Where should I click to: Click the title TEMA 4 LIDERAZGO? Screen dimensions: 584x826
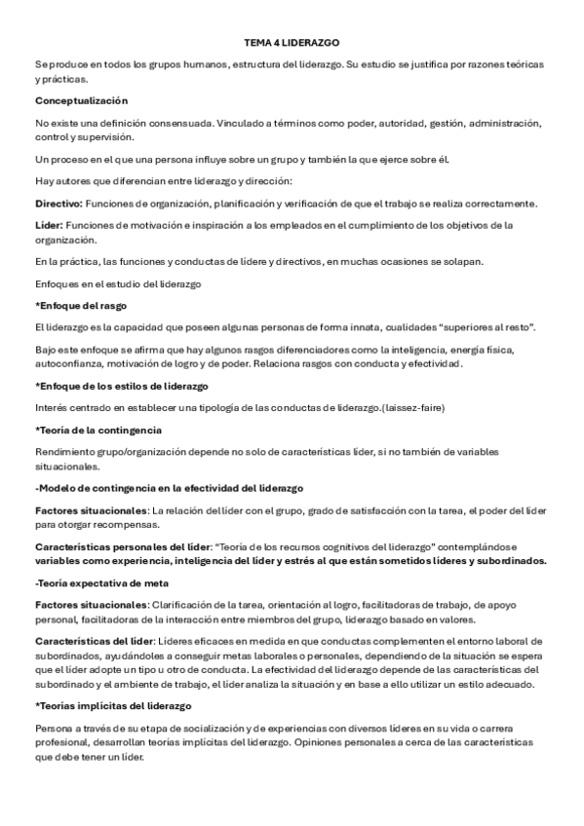coord(292,44)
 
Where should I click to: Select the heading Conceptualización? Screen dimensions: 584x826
coord(81,101)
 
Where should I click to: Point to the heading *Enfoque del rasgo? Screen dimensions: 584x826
coord(74,306)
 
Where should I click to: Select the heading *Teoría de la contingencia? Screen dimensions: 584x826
coord(97,430)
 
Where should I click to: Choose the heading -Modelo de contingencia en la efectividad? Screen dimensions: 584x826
coord(169,487)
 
